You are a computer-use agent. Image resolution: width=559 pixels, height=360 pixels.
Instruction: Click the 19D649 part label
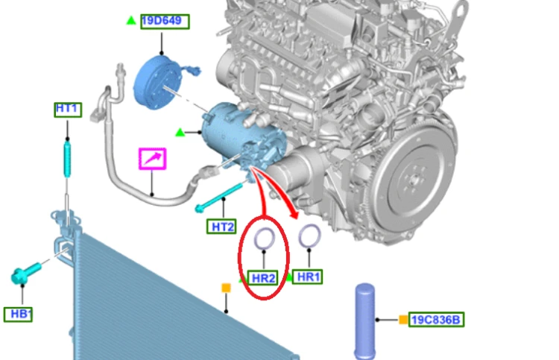pos(165,22)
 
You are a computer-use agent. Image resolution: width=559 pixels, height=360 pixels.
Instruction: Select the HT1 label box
pos(68,110)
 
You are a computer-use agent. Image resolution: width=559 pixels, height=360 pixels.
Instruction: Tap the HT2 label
pos(221,227)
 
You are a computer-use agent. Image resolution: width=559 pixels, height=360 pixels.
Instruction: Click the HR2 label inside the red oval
pos(263,278)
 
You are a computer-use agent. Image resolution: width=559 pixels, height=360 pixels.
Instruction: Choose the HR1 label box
pos(307,277)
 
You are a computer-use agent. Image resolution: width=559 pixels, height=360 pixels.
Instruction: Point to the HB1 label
pos(18,315)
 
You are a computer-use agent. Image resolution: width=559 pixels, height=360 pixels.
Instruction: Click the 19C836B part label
pos(436,320)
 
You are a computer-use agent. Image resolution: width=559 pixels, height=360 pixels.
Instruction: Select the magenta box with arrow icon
pos(152,159)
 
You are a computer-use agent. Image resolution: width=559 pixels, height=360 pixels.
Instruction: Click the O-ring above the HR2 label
pos(264,230)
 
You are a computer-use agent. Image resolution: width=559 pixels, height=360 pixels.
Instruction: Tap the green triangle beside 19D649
pos(131,21)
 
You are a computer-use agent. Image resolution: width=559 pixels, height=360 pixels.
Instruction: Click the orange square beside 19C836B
pos(403,320)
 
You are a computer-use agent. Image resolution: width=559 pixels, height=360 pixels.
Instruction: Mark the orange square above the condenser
pos(226,288)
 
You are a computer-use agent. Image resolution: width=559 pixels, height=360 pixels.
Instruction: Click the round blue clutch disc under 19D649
pos(157,83)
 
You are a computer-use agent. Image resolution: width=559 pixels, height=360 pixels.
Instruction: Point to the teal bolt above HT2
pos(218,197)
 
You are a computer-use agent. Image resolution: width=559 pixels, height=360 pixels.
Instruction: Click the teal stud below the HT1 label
pos(67,160)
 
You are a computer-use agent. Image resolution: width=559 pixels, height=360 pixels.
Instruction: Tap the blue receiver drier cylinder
pos(364,320)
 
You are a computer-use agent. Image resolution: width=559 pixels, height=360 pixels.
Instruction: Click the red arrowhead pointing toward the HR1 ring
pos(294,214)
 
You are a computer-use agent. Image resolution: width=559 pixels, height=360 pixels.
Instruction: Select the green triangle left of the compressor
pos(180,133)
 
